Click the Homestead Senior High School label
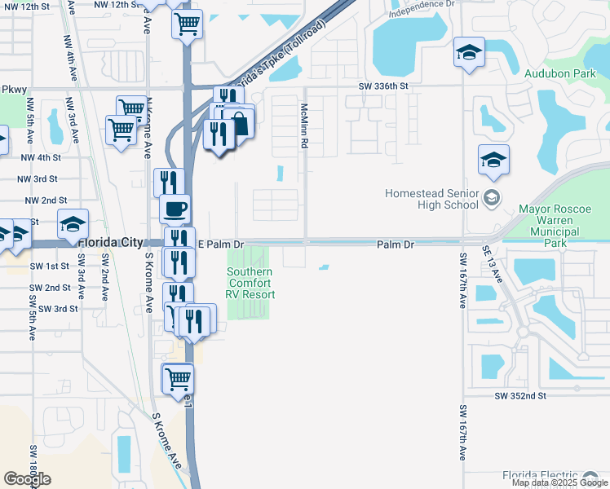432,198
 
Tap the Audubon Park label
561,73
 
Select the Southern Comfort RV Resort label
250,284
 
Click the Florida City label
111,243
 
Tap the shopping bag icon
240,123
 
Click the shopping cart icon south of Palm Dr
178,378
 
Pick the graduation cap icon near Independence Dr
469,53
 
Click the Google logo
27,479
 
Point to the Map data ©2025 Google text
559,482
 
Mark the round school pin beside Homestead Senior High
492,197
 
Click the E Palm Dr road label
221,244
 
